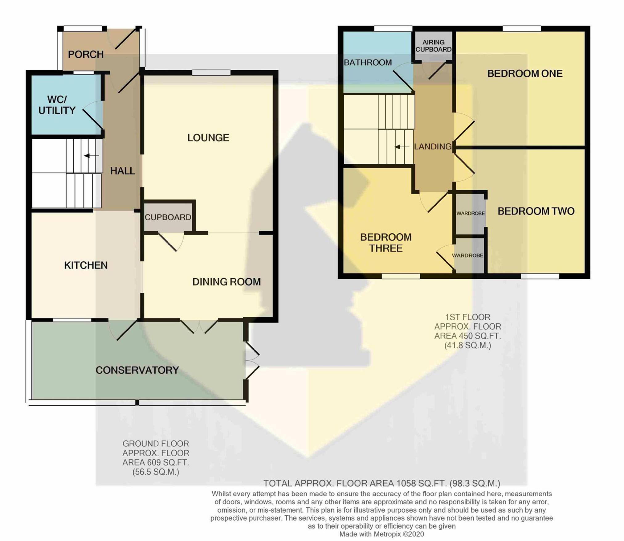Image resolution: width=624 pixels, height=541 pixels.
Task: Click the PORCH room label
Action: click(86, 55)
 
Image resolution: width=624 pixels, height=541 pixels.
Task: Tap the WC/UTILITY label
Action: click(57, 105)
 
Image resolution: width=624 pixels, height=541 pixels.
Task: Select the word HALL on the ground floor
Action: click(123, 171)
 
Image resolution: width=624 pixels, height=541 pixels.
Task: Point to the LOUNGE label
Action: click(208, 137)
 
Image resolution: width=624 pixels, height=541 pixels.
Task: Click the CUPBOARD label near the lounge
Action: click(168, 217)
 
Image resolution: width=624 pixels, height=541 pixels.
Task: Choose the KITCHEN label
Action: click(86, 265)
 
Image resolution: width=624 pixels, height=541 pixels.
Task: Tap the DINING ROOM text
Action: click(226, 282)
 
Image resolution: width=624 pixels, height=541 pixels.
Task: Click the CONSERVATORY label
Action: click(137, 370)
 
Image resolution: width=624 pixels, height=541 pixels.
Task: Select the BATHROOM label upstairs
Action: click(368, 63)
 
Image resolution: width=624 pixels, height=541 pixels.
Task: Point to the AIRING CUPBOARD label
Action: click(434, 46)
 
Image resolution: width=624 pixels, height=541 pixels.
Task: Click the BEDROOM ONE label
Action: click(525, 73)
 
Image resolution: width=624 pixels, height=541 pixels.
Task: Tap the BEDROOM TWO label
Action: click(536, 211)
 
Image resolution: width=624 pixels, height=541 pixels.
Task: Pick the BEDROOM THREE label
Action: click(386, 243)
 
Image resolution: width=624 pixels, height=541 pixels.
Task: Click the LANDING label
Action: click(433, 147)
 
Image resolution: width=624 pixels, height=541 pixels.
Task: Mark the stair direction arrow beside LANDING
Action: click(402, 147)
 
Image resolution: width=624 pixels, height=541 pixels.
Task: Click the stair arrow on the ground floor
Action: click(91, 156)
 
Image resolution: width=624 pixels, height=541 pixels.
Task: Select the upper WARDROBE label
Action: click(471, 213)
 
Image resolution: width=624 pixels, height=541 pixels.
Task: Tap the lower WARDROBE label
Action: click(468, 256)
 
